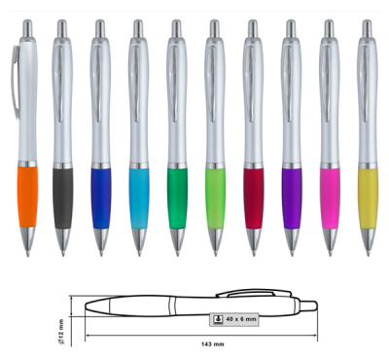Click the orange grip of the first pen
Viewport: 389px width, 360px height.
tap(28, 197)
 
